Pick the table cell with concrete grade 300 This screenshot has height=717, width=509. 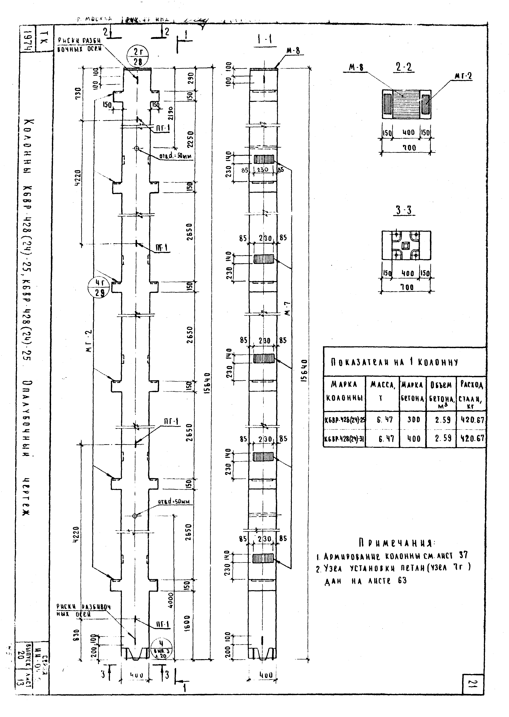tap(413, 420)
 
